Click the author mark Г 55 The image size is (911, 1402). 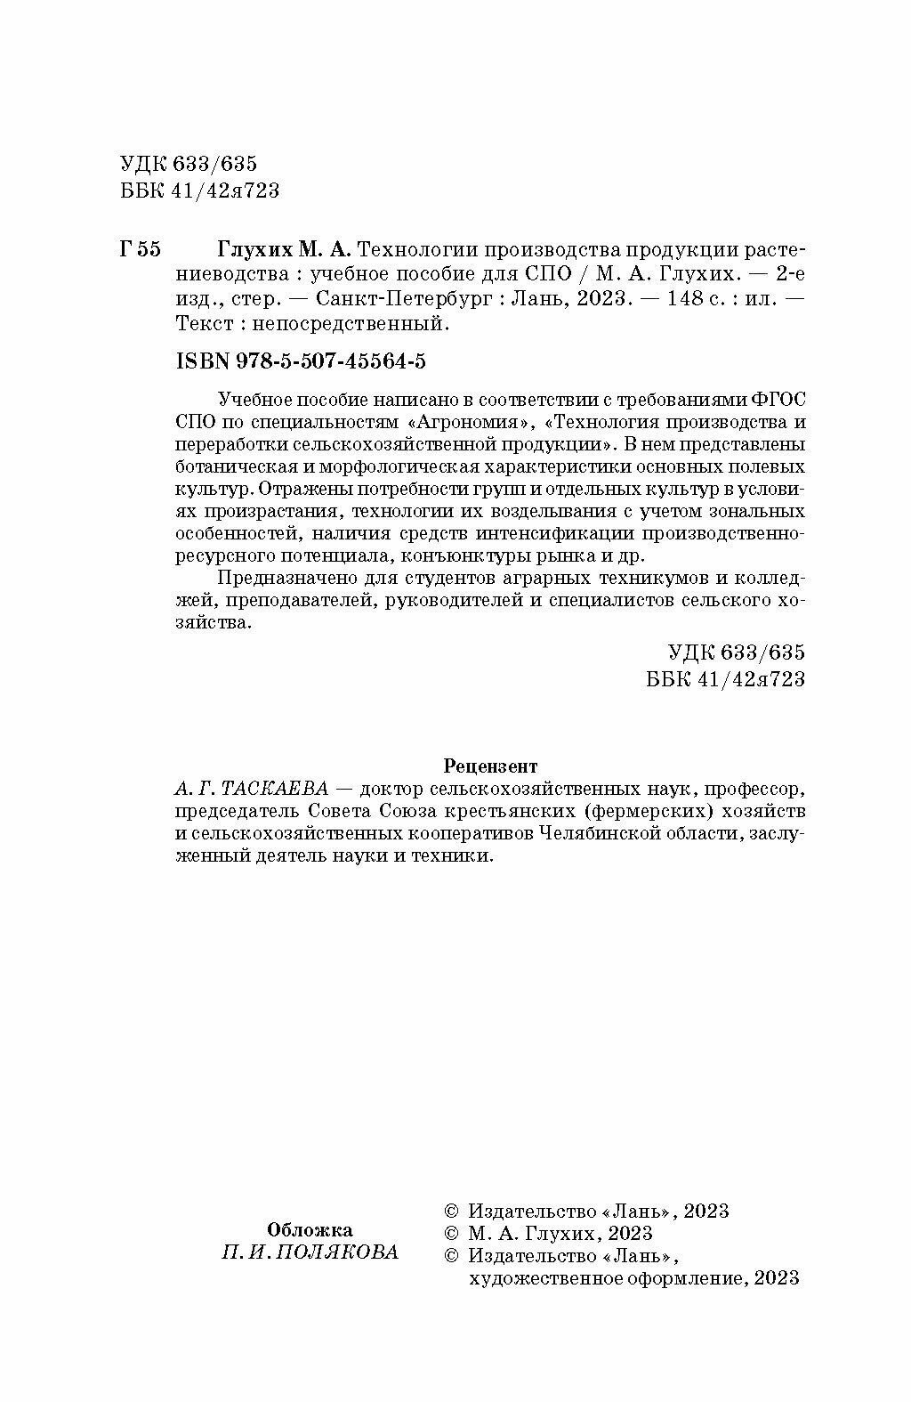140,250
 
